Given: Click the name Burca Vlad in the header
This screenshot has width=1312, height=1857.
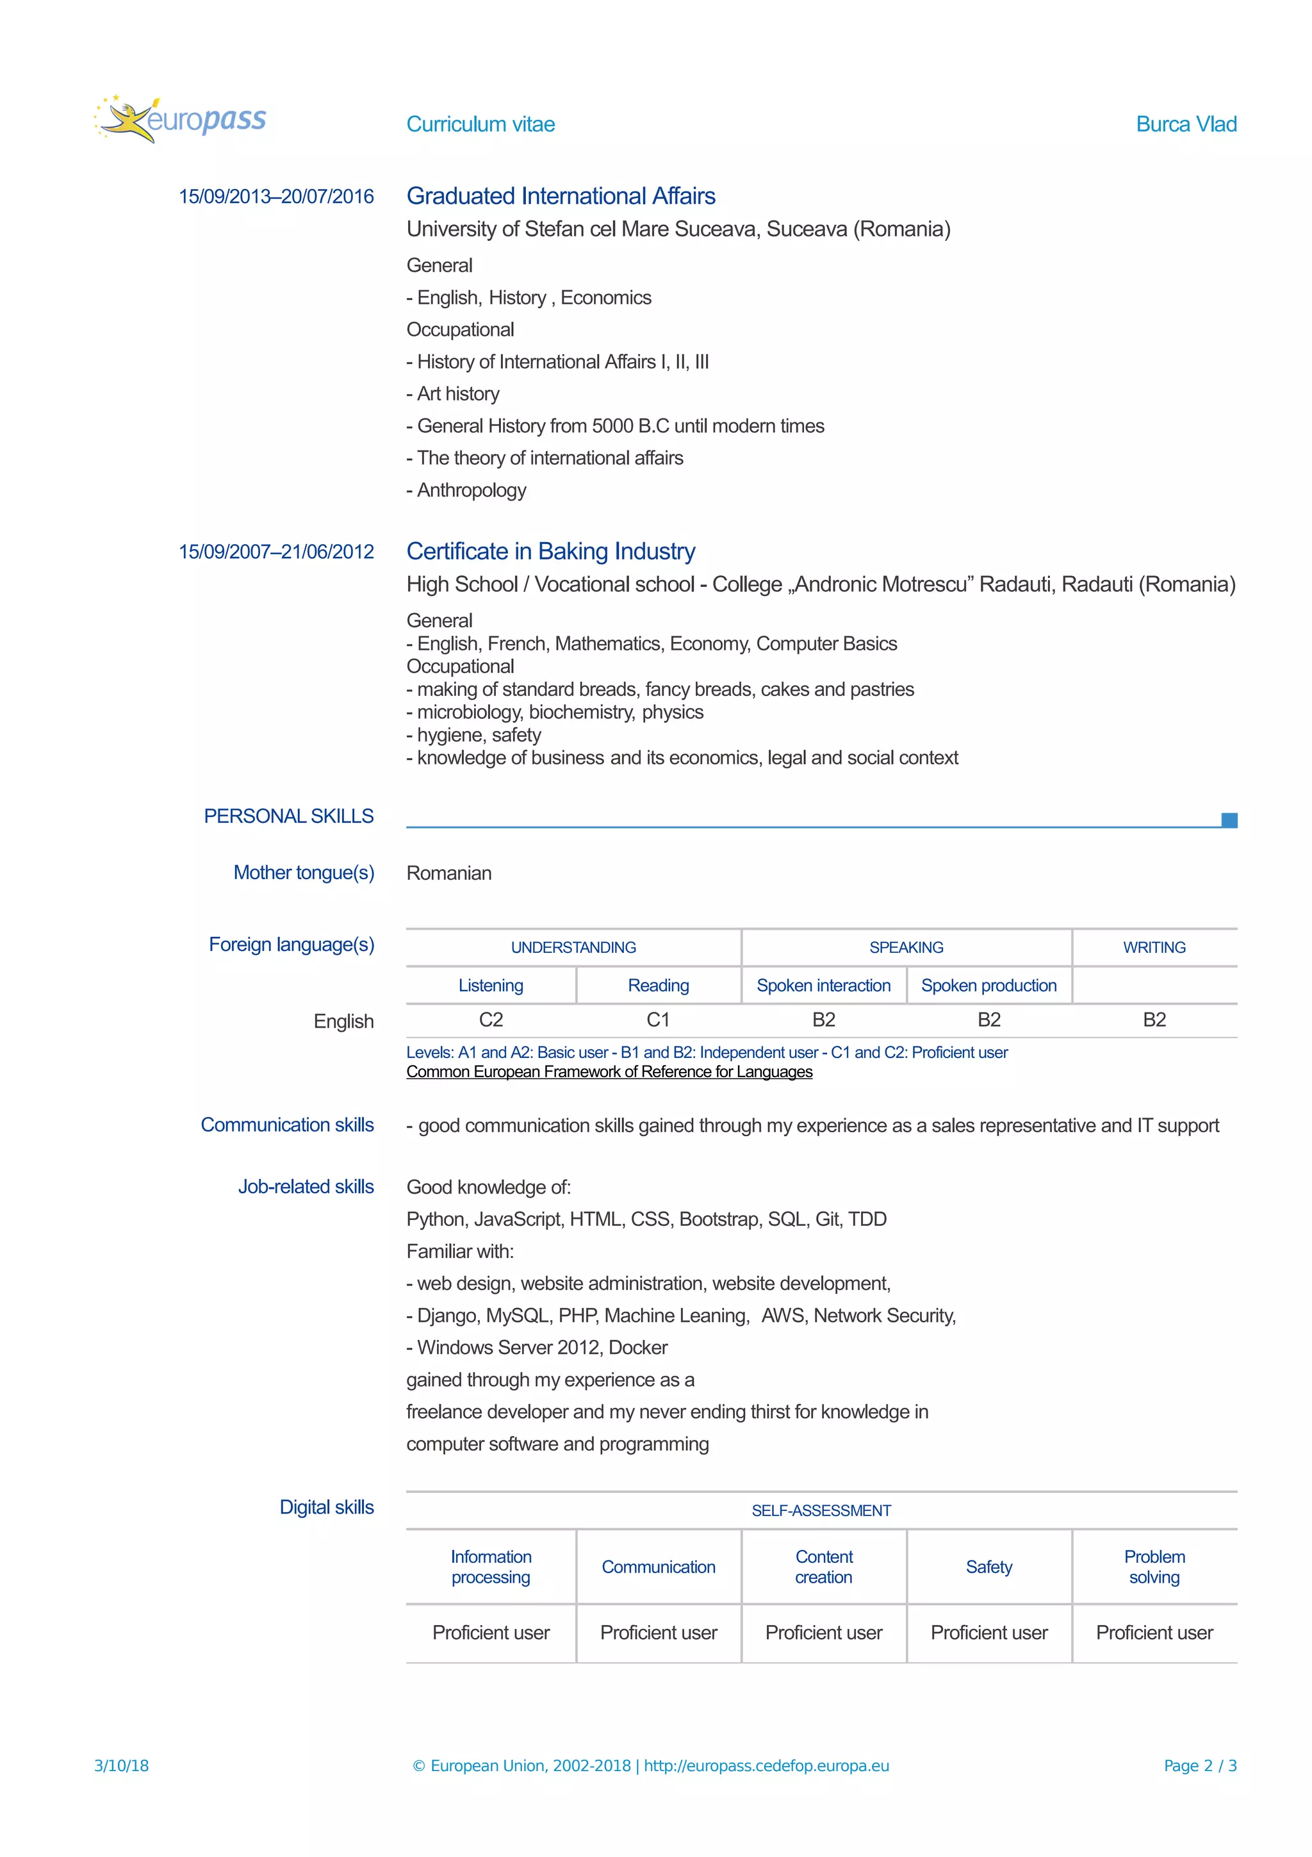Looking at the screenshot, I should point(1185,124).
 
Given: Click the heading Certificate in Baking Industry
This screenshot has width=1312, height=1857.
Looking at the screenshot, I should point(550,551).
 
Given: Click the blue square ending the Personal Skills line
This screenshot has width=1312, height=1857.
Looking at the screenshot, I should point(1229,820).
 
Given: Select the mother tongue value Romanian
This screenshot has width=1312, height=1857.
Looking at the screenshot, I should point(448,873).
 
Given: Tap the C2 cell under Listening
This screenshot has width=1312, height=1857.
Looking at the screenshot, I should point(491,1020).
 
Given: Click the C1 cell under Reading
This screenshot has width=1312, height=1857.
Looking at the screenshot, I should point(658,1020).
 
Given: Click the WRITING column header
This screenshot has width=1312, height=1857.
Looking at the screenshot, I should point(1154,947).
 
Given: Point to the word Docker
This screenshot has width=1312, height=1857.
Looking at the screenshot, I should point(638,1348).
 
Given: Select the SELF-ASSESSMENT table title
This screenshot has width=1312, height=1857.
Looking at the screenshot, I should point(821,1511).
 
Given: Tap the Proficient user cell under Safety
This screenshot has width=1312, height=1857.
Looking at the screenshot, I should point(988,1633).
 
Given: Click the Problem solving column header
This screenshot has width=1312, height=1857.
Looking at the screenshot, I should point(1154,1567).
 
